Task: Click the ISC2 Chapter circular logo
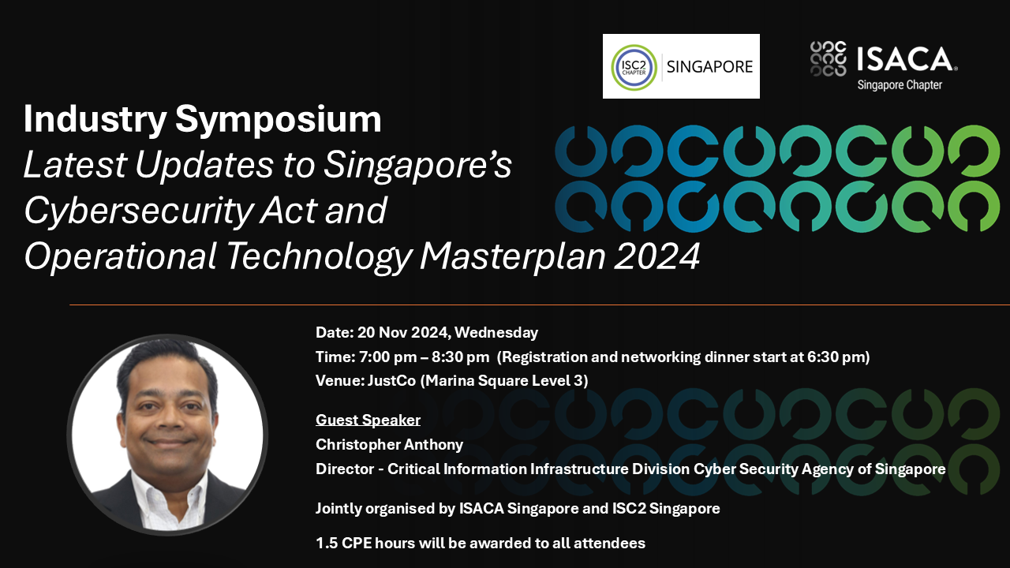(x=634, y=67)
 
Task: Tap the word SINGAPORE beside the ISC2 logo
(x=710, y=67)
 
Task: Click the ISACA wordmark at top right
(x=905, y=59)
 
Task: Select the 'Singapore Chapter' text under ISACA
(x=900, y=84)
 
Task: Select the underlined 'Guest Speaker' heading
(x=368, y=420)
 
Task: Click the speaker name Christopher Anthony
(x=389, y=445)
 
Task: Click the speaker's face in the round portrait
(x=167, y=414)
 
